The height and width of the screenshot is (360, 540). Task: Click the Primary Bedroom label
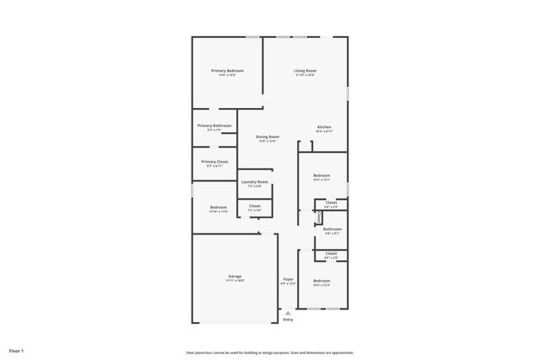(x=227, y=71)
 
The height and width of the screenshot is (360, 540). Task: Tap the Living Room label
(x=305, y=71)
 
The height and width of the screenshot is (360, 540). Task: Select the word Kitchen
(x=324, y=127)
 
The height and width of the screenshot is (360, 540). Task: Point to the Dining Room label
(x=268, y=137)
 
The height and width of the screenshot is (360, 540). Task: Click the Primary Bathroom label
(x=214, y=126)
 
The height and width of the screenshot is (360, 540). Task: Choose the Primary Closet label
(x=214, y=161)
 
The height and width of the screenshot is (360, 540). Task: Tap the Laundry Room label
(x=254, y=181)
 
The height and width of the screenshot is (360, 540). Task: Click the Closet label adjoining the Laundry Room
(x=254, y=206)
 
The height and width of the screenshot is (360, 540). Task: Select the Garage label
(x=235, y=276)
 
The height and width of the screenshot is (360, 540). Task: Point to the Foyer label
(x=288, y=279)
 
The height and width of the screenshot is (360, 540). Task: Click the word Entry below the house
(x=288, y=320)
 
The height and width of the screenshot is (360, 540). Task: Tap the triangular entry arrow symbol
(x=288, y=311)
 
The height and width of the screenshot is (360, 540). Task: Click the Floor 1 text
(x=16, y=350)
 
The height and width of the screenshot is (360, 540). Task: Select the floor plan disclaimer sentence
(x=270, y=352)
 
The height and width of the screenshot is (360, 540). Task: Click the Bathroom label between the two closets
(x=332, y=228)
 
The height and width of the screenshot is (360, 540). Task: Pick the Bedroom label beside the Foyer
(x=321, y=281)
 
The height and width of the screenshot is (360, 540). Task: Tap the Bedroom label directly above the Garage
(x=219, y=207)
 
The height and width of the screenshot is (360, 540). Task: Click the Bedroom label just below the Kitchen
(x=321, y=175)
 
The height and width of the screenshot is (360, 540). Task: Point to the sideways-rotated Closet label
(x=319, y=218)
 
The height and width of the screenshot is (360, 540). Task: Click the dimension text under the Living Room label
(x=305, y=76)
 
